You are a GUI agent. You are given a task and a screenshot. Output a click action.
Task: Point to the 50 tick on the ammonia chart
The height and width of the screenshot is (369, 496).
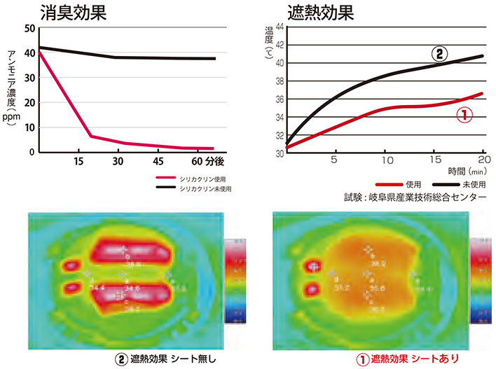click(x=30, y=29)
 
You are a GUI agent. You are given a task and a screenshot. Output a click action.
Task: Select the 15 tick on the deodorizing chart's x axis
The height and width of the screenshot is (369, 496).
click(x=78, y=161)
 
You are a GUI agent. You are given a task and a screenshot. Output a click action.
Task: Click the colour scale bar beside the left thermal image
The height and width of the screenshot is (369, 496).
click(x=235, y=280)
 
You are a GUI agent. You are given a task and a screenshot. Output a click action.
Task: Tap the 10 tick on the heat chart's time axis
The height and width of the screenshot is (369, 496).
click(x=385, y=160)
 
